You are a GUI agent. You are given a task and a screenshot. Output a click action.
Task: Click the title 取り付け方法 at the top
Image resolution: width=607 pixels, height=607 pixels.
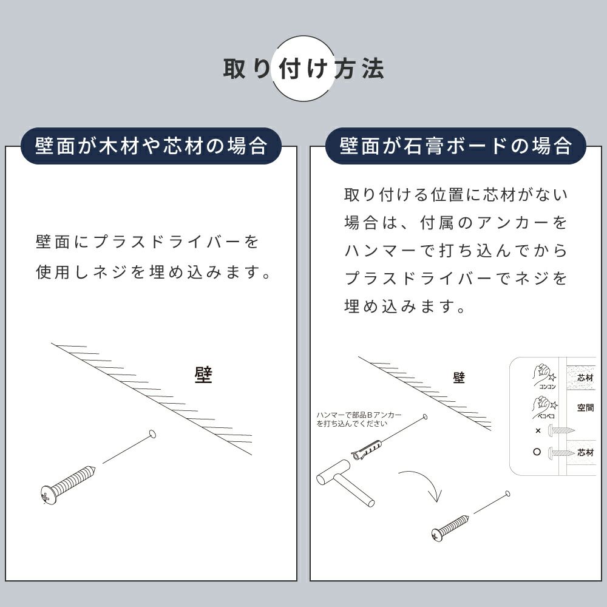tap(303, 69)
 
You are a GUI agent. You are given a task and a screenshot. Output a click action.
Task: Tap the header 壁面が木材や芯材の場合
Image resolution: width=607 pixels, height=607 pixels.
tap(151, 146)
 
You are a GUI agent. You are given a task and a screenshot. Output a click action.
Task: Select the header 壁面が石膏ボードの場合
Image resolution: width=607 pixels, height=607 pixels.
tap(456, 146)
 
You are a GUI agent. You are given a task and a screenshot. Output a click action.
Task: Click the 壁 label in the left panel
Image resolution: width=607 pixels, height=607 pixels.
tap(203, 375)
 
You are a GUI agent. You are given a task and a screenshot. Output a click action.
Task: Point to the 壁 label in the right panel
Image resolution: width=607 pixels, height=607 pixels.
tap(459, 378)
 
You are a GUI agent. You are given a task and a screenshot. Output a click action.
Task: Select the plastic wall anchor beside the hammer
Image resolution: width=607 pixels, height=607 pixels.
tap(367, 449)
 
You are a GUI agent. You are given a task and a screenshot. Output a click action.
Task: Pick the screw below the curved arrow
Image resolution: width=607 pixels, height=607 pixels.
tap(450, 528)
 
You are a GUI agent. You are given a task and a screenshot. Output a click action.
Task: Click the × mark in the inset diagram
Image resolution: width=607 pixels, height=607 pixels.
tap(538, 430)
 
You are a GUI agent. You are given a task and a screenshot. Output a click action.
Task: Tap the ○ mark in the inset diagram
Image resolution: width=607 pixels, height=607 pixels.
tap(537, 452)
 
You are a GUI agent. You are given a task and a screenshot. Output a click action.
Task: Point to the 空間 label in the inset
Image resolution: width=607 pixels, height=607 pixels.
tap(585, 407)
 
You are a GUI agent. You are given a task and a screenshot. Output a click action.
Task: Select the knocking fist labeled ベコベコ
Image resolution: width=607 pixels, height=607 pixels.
tap(544, 407)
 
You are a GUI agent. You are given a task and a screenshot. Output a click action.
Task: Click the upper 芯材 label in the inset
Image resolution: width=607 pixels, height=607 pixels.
tap(585, 378)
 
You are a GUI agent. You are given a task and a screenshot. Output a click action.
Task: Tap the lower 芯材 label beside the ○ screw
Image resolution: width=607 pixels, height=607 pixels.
tap(585, 452)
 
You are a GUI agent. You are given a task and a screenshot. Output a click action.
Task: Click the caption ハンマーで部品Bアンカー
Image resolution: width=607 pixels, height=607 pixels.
tap(359, 415)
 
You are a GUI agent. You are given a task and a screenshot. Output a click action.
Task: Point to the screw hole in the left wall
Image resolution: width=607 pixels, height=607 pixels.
tap(152, 434)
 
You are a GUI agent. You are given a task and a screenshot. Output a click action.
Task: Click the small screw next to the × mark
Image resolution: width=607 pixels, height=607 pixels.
tap(561, 430)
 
